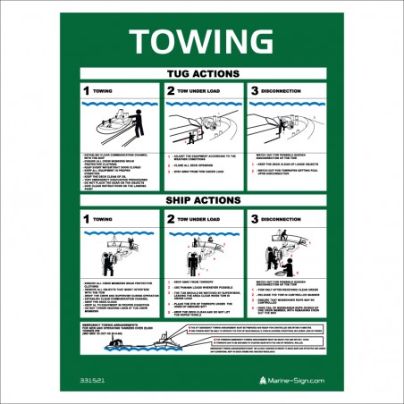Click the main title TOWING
[x=201, y=39]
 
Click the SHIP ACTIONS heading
[x=201, y=199]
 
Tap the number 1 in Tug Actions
[x=86, y=91]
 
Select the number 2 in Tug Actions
[x=170, y=91]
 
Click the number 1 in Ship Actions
[x=86, y=218]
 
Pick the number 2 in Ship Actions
[x=170, y=218]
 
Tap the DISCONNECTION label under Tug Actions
[x=286, y=91]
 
